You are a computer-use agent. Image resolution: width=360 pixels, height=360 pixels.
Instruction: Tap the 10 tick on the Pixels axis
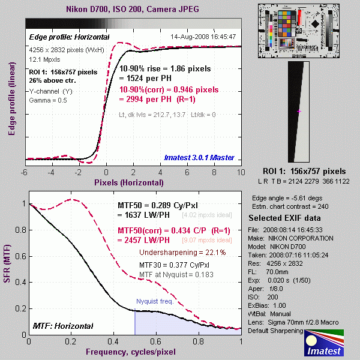(241, 172)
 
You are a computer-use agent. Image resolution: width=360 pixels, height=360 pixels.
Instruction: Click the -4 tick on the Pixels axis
(51, 172)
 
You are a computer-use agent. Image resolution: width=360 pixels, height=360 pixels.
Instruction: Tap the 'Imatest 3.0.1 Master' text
(197, 158)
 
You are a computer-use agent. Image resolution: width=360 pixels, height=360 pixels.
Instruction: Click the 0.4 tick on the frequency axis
(114, 342)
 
